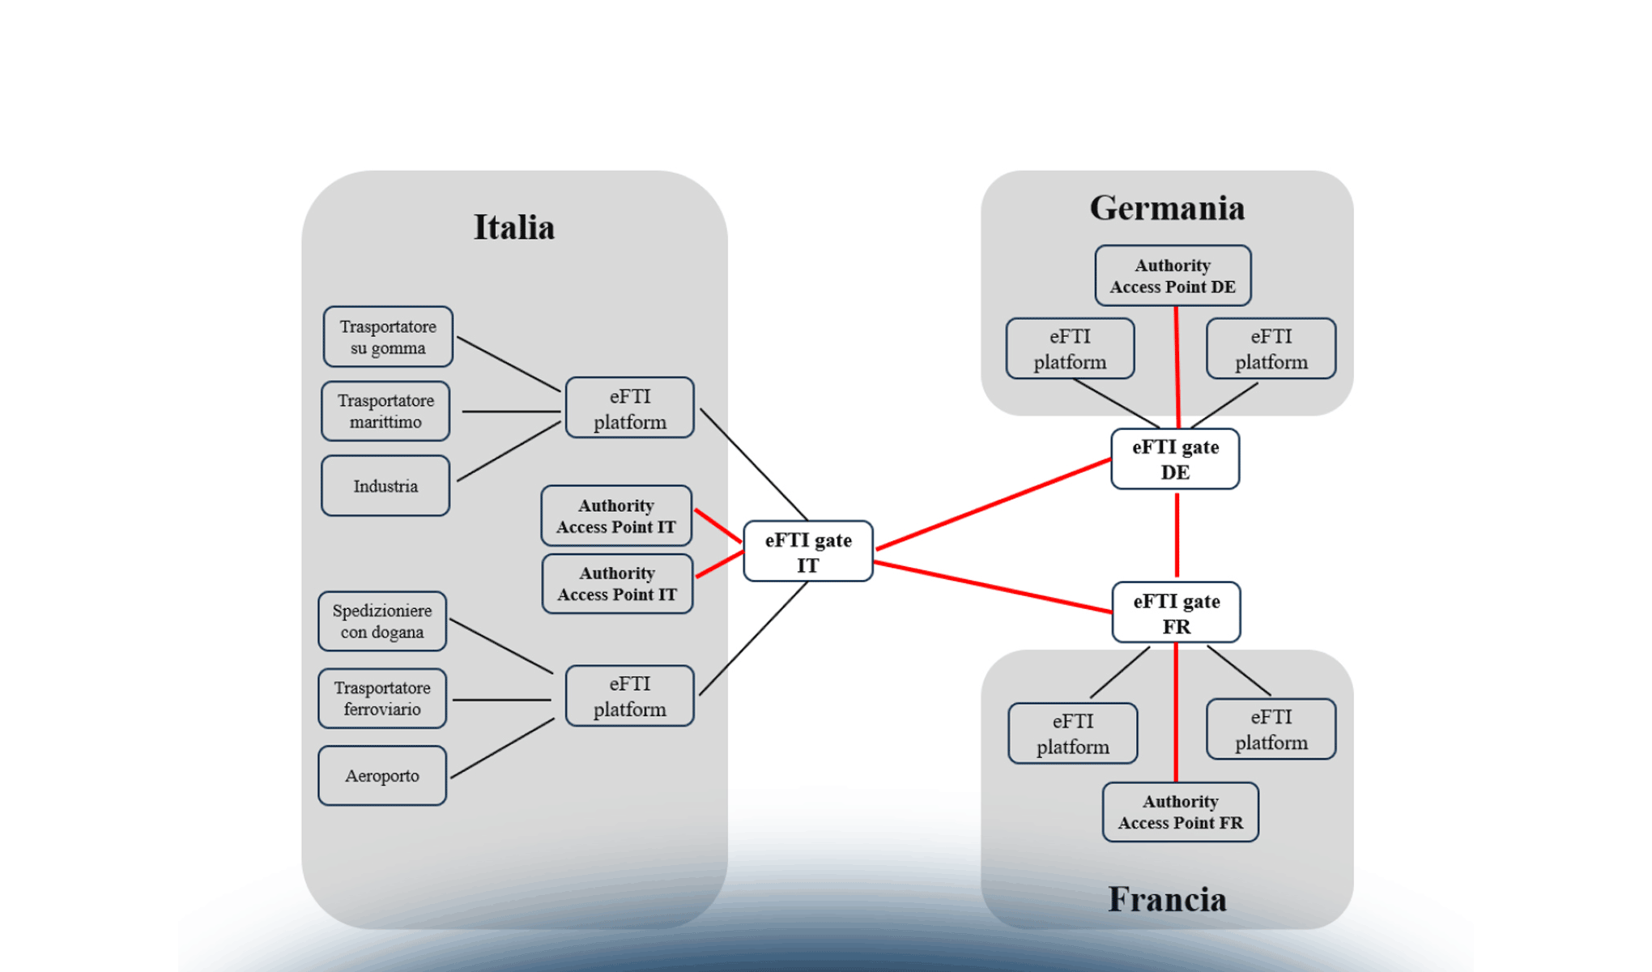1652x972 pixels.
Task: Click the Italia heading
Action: coord(514,228)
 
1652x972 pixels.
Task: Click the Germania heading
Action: coord(1167,208)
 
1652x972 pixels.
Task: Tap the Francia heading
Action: coord(1167,900)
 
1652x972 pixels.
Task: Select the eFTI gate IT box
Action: coord(807,552)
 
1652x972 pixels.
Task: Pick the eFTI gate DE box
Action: coord(1175,459)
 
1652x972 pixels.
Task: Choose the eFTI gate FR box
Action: coord(1176,613)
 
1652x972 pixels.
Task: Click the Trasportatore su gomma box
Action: coord(387,337)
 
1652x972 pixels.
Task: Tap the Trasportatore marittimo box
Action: coord(385,411)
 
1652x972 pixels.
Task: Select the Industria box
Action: coord(385,486)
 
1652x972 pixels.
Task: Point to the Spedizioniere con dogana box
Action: coord(382,621)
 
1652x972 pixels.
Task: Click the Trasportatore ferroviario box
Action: coord(382,698)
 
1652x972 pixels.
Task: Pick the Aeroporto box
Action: coord(382,776)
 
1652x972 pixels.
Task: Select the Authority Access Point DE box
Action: coord(1173,276)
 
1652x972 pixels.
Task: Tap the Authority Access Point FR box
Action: coord(1180,812)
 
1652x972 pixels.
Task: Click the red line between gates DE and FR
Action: coord(1177,535)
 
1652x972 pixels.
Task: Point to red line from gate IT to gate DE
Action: coord(993,505)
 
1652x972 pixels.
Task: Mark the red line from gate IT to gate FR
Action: coord(993,587)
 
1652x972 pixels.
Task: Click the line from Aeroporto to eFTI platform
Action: coord(502,748)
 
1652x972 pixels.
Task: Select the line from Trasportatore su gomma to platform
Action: coord(509,364)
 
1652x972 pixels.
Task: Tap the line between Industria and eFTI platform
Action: coord(509,452)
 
